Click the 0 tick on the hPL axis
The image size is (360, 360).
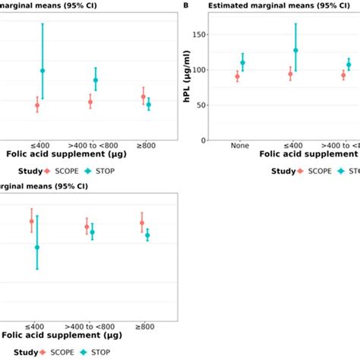point(203,140)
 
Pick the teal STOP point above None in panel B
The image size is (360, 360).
point(243,63)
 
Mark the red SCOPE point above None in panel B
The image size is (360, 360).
point(237,76)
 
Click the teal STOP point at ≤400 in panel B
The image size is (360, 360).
point(295,50)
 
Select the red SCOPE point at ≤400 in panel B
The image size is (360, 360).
point(290,74)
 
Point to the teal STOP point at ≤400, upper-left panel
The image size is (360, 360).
point(43,71)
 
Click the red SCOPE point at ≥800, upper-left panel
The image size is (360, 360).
point(143,96)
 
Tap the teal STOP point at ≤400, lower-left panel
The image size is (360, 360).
point(37,247)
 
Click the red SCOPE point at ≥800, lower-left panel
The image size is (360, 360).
point(142,223)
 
